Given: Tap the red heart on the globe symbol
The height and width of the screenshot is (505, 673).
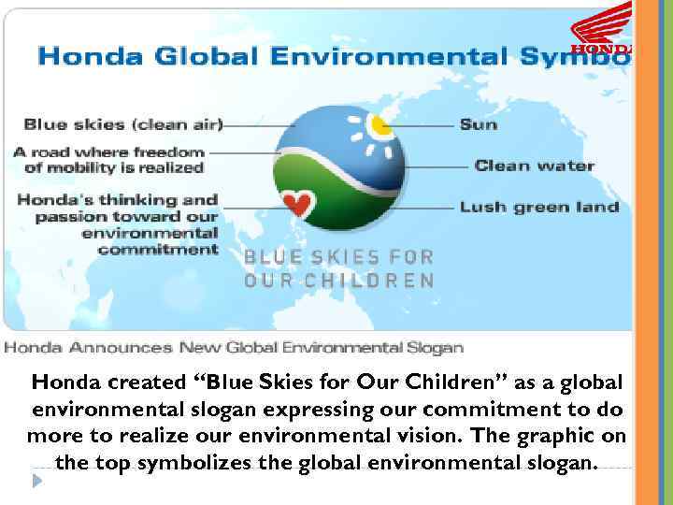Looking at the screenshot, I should coord(296,202).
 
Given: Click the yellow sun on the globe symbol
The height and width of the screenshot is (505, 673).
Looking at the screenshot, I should coord(378,124).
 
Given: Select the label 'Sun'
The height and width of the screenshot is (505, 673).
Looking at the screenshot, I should coord(478,124).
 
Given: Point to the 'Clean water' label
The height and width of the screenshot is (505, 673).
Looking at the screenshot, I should coord(534,166).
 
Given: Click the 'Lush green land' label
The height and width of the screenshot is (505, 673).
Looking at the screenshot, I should coord(538,207).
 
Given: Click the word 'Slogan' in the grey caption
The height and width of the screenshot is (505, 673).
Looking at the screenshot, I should coord(435,348).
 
